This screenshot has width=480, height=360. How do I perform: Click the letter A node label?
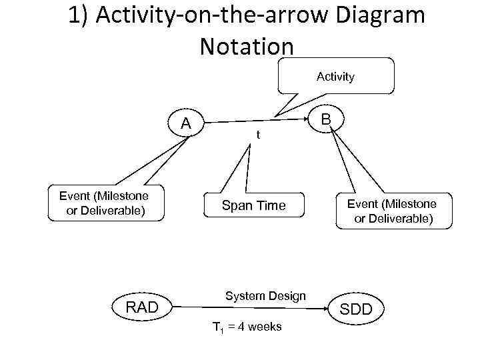tap(187, 123)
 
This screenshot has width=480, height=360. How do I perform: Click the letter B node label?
tap(326, 120)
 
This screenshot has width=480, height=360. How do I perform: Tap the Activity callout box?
tap(335, 77)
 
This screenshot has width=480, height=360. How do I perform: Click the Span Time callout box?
tap(253, 206)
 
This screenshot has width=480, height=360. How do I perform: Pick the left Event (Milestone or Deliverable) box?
tap(103, 203)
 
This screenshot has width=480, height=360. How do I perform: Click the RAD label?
tap(143, 307)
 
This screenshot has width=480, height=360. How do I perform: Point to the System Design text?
tap(265, 296)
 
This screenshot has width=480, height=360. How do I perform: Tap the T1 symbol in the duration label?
tap(217, 327)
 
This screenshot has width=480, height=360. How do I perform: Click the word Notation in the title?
tap(246, 46)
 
